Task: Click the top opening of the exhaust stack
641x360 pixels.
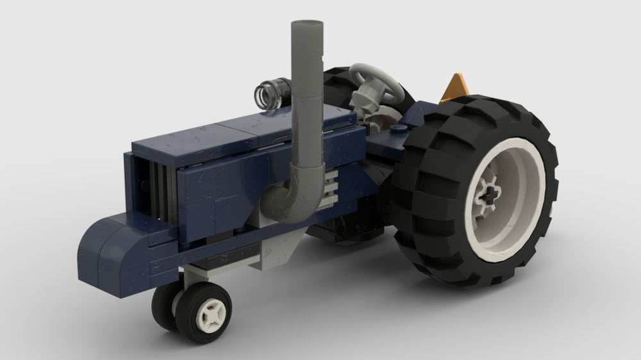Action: pos(306,26)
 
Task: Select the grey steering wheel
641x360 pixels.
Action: pos(378,80)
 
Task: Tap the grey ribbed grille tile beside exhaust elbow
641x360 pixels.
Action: pos(329,190)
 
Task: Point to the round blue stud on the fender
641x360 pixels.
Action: pos(397,129)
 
